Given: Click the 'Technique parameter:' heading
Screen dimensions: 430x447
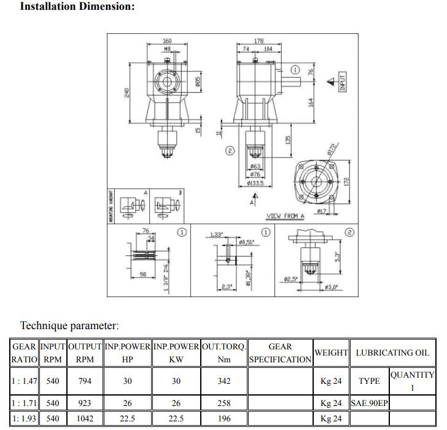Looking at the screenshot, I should pos(69,325).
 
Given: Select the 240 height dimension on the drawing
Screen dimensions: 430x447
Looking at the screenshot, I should pos(127,92).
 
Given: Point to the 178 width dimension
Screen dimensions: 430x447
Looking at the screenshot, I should pos(258,41).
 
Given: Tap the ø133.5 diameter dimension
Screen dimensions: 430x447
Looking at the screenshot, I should pos(255,183).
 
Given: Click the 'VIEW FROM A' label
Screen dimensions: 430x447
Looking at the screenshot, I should pos(285,216).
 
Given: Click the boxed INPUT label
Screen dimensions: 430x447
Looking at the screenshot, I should pos(343,81).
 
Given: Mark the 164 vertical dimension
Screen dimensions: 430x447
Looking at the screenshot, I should pos(311,101).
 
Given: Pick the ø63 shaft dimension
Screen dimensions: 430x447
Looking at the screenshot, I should pos(255,166).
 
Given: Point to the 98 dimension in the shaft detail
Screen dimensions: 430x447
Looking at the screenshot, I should pos(143,274).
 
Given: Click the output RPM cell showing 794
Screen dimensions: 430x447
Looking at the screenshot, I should pos(85,381).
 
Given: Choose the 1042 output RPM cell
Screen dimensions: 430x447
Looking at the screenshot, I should pos(85,418).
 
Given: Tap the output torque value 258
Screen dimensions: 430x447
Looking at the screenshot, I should pos(224,404).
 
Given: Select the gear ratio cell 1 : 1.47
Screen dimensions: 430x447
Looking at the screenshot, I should pos(25,381).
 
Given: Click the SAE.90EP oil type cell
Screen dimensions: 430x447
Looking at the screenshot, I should pos(369,404).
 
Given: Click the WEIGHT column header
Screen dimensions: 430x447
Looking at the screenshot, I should pos(331,353).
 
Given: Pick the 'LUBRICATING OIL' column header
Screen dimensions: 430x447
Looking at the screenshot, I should pos(392,353).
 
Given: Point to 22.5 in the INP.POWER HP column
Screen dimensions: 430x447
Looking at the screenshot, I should pos(127,418).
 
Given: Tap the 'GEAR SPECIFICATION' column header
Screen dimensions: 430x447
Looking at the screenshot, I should pos(280,353).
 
